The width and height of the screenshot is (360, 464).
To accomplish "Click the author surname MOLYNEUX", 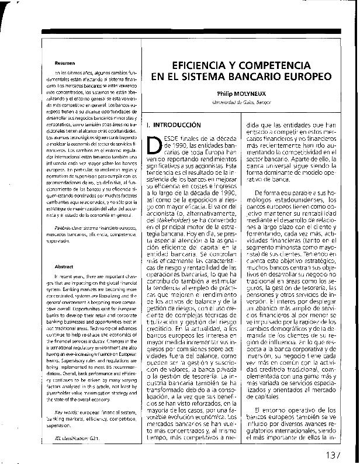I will (251, 93).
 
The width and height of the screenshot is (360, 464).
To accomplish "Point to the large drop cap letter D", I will (153, 146).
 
